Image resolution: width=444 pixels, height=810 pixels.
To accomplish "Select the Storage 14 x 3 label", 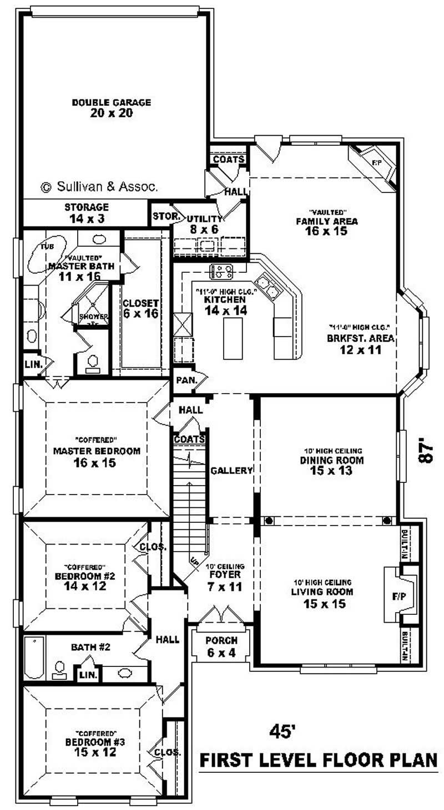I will pyautogui.click(x=86, y=213).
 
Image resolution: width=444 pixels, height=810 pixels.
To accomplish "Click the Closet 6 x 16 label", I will pyautogui.click(x=140, y=308).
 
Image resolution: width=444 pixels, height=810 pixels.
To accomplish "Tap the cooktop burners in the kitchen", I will pyautogui.click(x=221, y=272).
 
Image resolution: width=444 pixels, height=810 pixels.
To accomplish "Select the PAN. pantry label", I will pyautogui.click(x=184, y=381).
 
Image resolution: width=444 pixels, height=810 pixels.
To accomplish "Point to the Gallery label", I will pyautogui.click(x=231, y=470).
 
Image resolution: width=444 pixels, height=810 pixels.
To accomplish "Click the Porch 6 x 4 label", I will pyautogui.click(x=221, y=646).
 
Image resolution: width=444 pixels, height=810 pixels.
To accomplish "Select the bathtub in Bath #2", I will pyautogui.click(x=34, y=658).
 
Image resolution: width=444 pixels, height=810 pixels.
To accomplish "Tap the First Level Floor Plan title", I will pyautogui.click(x=319, y=760).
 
